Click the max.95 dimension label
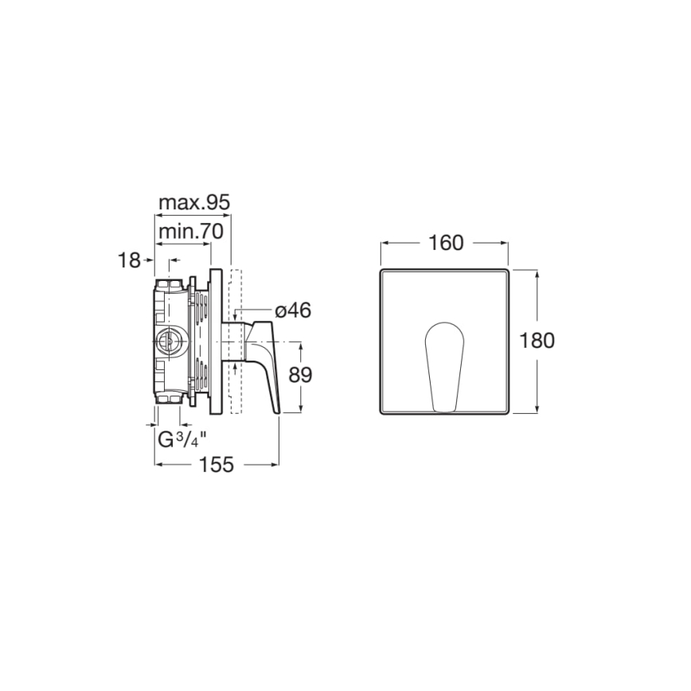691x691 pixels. [x=194, y=203]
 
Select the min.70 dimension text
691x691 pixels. [x=191, y=232]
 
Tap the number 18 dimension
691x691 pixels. [x=128, y=260]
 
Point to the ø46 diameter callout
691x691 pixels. [x=293, y=310]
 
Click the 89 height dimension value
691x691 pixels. [x=300, y=376]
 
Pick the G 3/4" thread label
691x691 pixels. [x=182, y=439]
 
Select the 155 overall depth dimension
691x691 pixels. [x=217, y=464]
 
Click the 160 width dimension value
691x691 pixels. [x=446, y=243]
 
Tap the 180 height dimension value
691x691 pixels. [x=537, y=341]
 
